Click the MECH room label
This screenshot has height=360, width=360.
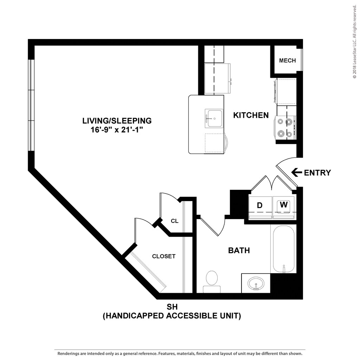pos(287,60)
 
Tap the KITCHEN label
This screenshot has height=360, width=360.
pos(251,115)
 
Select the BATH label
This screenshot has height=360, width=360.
pos(239,250)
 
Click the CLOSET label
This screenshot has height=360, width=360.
pos(164,256)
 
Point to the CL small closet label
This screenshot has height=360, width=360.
pos(174,221)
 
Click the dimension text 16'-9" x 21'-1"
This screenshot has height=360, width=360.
pos(117,130)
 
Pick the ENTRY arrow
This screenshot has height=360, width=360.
pos(297,172)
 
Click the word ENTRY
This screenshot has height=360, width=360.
pos(317,173)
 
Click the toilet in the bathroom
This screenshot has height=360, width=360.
pos(212,282)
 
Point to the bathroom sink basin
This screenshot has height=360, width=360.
pos(256,284)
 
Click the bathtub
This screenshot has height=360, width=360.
pos(284,249)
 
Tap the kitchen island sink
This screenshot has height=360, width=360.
pos(214,118)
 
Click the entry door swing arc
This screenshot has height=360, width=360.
pos(284,160)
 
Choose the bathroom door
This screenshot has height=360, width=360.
pos(210,227)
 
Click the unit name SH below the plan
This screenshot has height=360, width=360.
pos(172,307)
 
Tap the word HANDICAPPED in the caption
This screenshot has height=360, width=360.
pos(134,316)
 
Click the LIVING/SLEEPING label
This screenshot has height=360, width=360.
pos(117,121)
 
